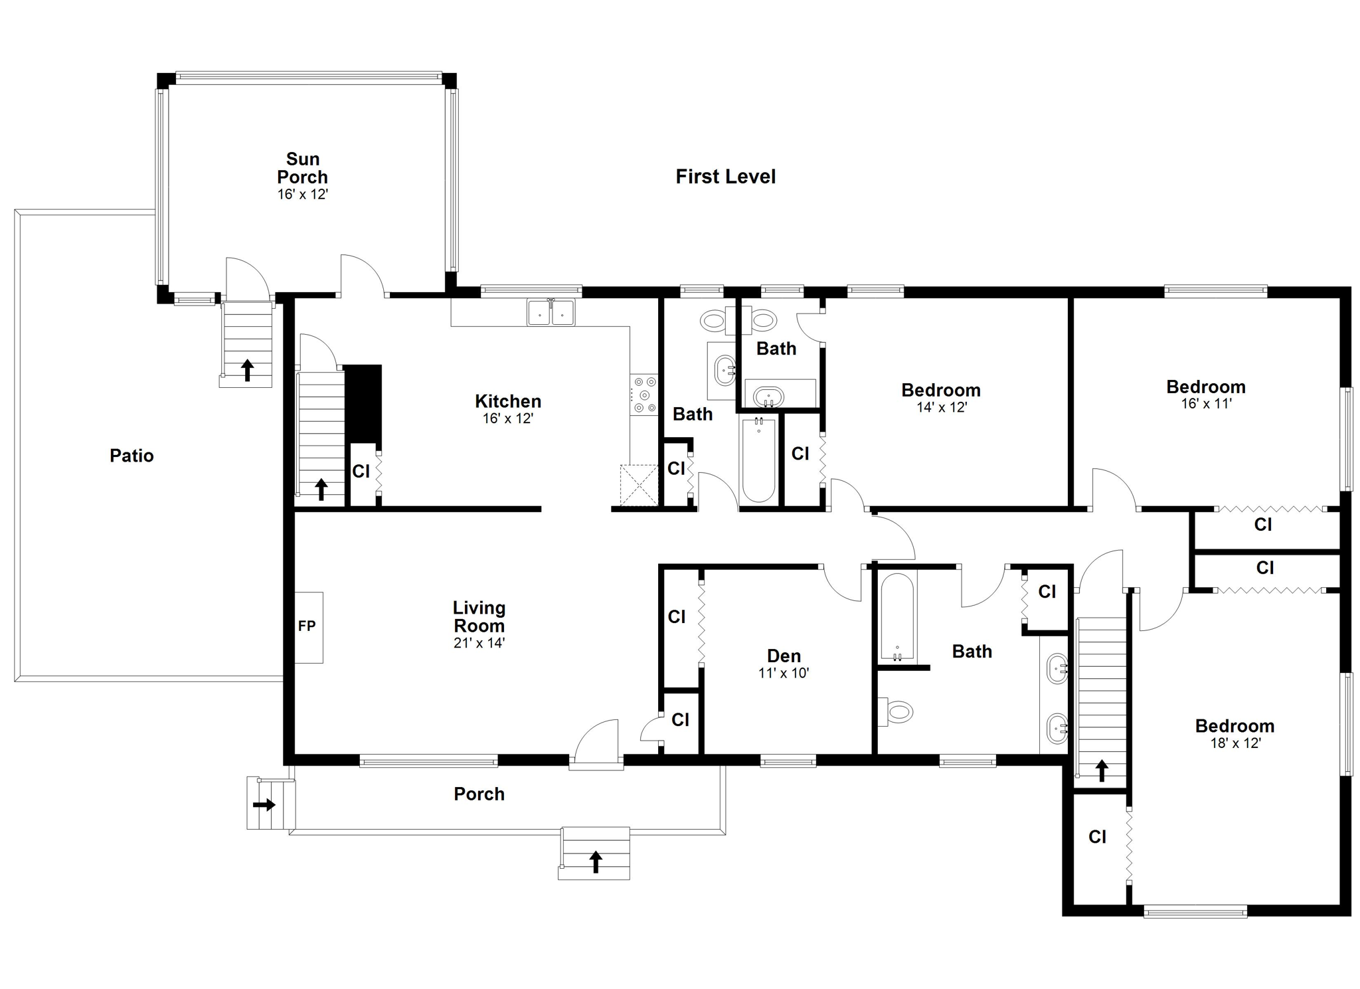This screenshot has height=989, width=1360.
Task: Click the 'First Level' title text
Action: [x=725, y=177]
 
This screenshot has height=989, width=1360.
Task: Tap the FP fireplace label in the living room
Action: [x=307, y=626]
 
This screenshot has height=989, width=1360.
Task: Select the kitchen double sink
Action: [x=551, y=312]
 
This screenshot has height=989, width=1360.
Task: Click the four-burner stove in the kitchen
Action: [x=644, y=395]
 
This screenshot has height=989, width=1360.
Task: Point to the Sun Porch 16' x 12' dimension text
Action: [x=303, y=195]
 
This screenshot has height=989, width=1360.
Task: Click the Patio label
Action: [x=131, y=456]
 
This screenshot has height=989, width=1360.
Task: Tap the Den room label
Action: [x=784, y=656]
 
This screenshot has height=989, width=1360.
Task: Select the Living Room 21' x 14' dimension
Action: [x=479, y=643]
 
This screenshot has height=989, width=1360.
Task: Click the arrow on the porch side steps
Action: [x=264, y=805]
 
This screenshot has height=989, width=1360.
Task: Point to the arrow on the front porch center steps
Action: [x=596, y=861]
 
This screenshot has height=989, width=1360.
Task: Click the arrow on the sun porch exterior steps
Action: [x=247, y=370]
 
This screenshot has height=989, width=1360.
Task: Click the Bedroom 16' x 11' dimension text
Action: [x=1207, y=403]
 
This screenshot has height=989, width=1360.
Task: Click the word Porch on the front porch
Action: [x=479, y=794]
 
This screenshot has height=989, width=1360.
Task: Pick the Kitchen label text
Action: [x=508, y=401]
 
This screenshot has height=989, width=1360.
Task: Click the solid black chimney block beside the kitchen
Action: [x=363, y=404]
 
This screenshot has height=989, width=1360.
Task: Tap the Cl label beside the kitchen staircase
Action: [x=361, y=472]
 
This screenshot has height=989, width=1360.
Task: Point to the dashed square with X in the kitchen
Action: [x=638, y=486]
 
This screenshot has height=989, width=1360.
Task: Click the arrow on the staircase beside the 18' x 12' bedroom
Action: [x=1102, y=770]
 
